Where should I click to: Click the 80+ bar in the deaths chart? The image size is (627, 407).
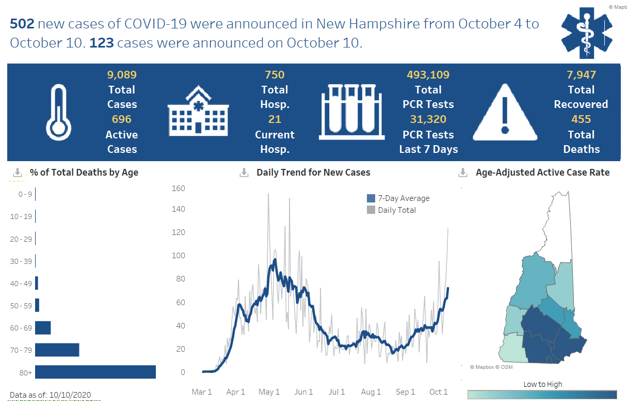pyautogui.click(x=95, y=372)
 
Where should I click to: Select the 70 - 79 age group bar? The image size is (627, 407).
pyautogui.click(x=57, y=350)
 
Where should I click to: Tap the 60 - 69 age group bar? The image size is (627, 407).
pyautogui.click(x=43, y=327)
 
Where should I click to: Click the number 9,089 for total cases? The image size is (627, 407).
pyautogui.click(x=122, y=75)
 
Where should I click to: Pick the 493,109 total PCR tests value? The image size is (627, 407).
pyautogui.click(x=428, y=75)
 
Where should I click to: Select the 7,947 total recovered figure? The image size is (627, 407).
pyautogui.click(x=581, y=75)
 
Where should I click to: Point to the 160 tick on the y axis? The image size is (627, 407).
pyautogui.click(x=178, y=188)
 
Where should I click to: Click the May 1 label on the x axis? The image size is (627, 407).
pyautogui.click(x=269, y=392)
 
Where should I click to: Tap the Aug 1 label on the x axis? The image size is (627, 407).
pyautogui.click(x=371, y=392)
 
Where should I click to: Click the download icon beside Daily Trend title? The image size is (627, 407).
pyautogui.click(x=244, y=173)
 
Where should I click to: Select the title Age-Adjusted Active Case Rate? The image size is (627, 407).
pyautogui.click(x=542, y=173)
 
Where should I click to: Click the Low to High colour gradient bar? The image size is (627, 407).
pyautogui.click(x=542, y=395)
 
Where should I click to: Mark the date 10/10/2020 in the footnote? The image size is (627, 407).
pyautogui.click(x=69, y=395)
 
